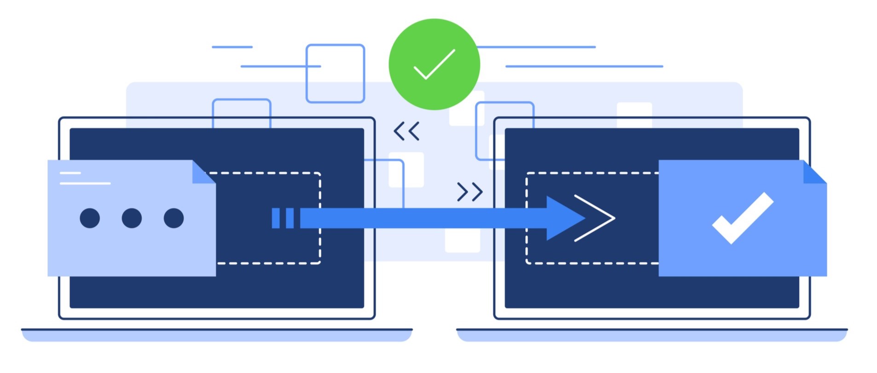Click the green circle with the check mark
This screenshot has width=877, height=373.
point(434,64)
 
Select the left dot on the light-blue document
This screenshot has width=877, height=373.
point(90,218)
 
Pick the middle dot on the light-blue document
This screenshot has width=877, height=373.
point(132,218)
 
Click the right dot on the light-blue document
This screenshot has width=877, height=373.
point(174,218)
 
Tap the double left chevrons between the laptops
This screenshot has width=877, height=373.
point(407,131)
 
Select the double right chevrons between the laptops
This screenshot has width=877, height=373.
point(470,192)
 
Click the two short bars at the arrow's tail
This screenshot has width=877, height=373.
point(283,218)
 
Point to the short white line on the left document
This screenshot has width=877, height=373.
point(70,173)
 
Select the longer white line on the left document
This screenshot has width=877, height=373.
point(85,183)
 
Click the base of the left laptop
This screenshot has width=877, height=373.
point(217,335)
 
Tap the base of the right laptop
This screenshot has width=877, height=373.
point(651,335)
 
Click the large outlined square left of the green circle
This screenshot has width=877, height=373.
point(335,73)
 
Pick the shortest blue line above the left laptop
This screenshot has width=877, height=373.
point(232,47)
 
